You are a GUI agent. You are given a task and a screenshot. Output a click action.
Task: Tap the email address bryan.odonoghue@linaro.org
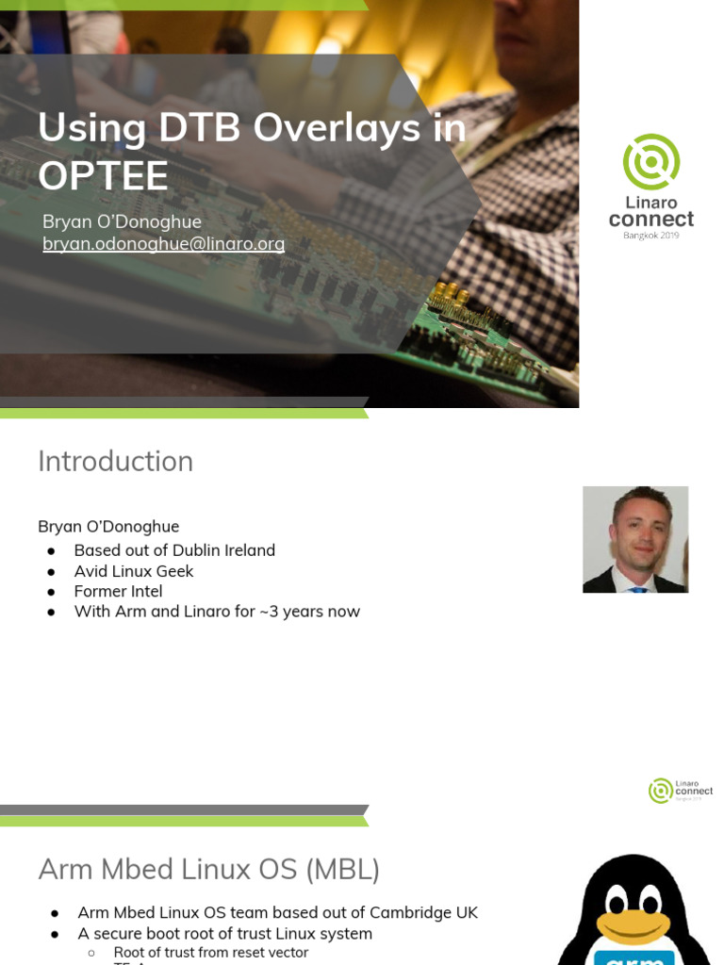pyautogui.click(x=163, y=244)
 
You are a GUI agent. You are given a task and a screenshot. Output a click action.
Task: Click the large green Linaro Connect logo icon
pyautogui.click(x=651, y=161)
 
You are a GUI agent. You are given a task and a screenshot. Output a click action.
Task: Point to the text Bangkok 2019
pyautogui.click(x=651, y=235)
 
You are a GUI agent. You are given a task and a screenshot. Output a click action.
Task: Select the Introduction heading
pyautogui.click(x=115, y=461)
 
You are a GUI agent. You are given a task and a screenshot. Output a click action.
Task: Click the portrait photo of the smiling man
pyautogui.click(x=635, y=539)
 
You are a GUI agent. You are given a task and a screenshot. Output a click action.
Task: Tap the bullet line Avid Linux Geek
pyautogui.click(x=133, y=571)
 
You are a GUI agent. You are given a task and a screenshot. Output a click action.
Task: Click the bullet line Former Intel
pyautogui.click(x=118, y=591)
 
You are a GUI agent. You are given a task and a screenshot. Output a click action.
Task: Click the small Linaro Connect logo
pyautogui.click(x=680, y=791)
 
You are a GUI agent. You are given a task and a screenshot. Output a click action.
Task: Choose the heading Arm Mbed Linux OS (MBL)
pyautogui.click(x=208, y=869)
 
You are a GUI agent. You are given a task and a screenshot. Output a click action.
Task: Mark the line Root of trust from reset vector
pyautogui.click(x=210, y=952)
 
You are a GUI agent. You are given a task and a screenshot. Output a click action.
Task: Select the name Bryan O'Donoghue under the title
pyautogui.click(x=122, y=221)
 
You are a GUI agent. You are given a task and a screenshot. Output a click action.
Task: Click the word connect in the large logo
pyautogui.click(x=651, y=220)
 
